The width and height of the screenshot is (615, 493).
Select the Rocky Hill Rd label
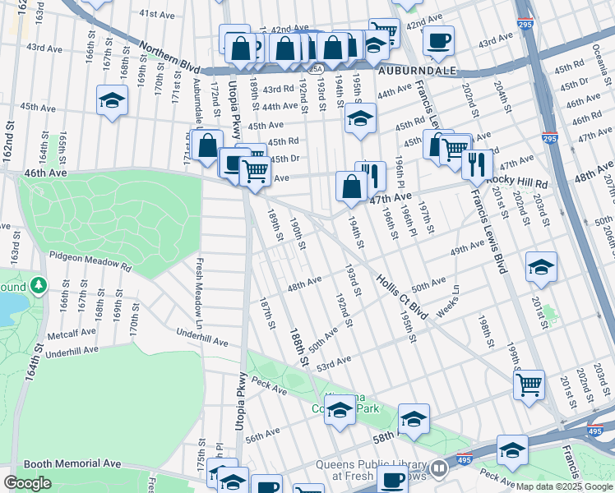[x=517, y=180]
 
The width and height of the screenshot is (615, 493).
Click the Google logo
[x=27, y=483]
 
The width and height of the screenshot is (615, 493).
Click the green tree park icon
[x=38, y=286]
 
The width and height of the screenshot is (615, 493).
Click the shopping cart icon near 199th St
[x=529, y=383]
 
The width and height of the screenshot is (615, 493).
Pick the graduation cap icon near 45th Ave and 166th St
[x=113, y=100]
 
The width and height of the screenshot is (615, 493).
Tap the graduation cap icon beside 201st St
[x=541, y=267]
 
